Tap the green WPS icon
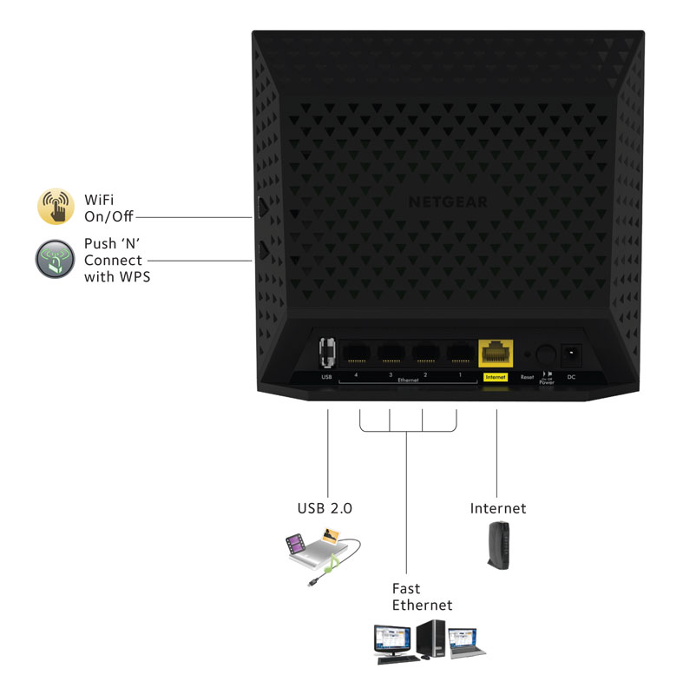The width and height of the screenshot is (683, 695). (x=56, y=258)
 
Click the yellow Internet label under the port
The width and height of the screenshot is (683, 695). (x=496, y=377)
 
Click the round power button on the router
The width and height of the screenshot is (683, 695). (x=546, y=355)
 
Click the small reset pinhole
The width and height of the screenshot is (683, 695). (x=526, y=355)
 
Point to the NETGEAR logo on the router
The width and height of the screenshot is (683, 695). (x=448, y=202)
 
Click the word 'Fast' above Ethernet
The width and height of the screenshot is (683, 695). (x=405, y=589)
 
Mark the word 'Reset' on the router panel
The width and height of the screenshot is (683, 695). (x=527, y=378)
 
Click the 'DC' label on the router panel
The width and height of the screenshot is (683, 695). (x=571, y=378)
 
